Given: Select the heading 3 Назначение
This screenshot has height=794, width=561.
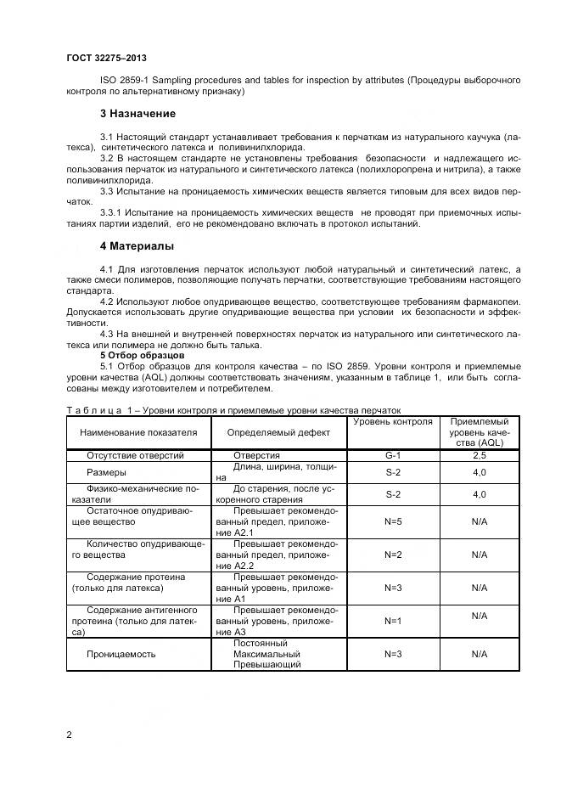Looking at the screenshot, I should click(x=137, y=114).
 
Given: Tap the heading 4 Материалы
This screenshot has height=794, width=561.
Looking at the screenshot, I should click(x=137, y=246).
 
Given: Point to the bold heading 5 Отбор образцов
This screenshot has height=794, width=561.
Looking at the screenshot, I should click(x=137, y=355).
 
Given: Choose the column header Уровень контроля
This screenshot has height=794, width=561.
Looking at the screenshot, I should click(x=392, y=422).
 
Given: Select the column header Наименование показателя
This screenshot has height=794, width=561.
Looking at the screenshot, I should click(x=138, y=432).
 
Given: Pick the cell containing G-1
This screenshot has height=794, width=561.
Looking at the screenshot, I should click(x=392, y=456).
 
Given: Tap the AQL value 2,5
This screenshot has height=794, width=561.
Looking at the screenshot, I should click(x=479, y=456).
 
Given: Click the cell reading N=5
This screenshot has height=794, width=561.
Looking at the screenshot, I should click(x=392, y=521).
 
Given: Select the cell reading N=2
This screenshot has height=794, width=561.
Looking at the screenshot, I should click(x=392, y=555).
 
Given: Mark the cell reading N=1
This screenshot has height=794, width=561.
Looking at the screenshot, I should click(x=392, y=621).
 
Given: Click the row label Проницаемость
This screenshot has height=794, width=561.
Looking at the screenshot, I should click(x=121, y=654).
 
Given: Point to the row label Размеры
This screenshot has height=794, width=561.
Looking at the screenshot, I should click(x=107, y=472).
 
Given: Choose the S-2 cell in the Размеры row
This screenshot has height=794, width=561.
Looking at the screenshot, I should click(x=392, y=472).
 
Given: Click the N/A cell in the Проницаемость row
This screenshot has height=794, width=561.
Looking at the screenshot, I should click(x=479, y=654).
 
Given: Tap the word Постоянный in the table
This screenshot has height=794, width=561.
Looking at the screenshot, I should click(x=260, y=643).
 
